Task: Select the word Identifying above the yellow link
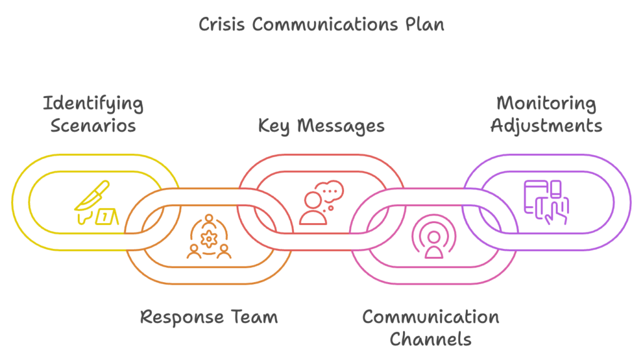point(93,104)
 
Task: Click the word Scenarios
point(93,126)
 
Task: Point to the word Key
point(275,126)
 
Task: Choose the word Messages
point(340,126)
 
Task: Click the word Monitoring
point(546,104)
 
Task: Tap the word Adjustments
point(546,126)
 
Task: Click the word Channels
point(430,339)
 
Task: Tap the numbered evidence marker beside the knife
point(107,217)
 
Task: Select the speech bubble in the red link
point(330,190)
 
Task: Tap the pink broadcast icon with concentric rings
point(433,238)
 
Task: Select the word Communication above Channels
point(430,317)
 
